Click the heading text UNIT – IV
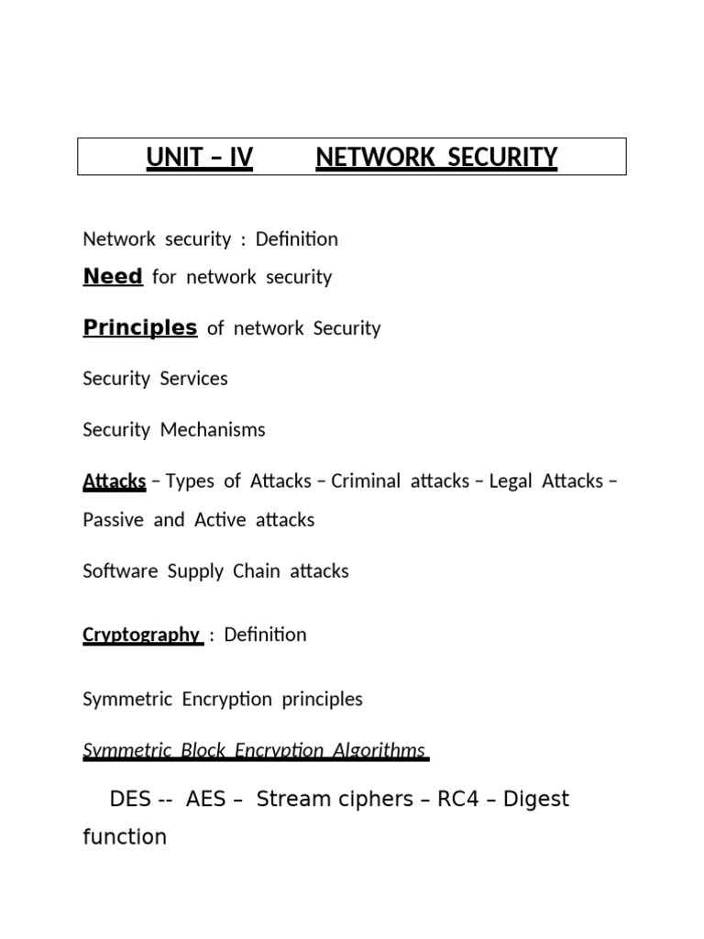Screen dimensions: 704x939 [x=199, y=158]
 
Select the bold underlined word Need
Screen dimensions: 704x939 [x=113, y=276]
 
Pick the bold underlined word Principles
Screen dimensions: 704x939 [x=140, y=327]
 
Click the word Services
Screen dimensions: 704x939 [x=194, y=378]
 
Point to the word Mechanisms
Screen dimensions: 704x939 [x=213, y=429]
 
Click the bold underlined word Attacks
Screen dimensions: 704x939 [x=115, y=481]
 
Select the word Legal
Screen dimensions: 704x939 [x=511, y=481]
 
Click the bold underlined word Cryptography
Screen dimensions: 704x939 [x=141, y=634]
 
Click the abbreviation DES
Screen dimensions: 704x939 [x=129, y=799]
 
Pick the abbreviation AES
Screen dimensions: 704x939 [x=205, y=799]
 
